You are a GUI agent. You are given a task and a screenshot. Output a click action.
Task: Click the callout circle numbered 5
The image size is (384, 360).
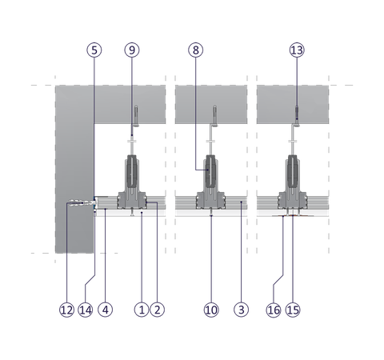pyautogui.click(x=94, y=50)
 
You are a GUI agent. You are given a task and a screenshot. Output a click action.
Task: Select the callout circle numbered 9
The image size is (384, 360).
pyautogui.click(x=132, y=50)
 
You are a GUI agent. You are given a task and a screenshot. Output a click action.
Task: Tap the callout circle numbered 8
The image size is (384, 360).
pyautogui.click(x=196, y=50)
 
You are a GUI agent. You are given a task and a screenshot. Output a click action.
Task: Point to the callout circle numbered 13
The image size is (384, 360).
pyautogui.click(x=297, y=50)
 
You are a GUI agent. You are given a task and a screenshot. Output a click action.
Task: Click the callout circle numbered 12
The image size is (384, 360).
pyautogui.click(x=66, y=310)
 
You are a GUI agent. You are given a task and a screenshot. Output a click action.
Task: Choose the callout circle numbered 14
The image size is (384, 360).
pyautogui.click(x=86, y=310)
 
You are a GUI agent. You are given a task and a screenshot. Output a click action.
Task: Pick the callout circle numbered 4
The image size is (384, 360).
pyautogui.click(x=106, y=310)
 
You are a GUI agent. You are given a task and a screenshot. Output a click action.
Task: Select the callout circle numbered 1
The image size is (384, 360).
pyautogui.click(x=142, y=310)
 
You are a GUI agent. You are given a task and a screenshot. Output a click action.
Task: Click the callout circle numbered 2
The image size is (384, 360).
pyautogui.click(x=157, y=310)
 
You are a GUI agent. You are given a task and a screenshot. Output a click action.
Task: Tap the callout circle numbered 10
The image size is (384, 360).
pyautogui.click(x=211, y=310)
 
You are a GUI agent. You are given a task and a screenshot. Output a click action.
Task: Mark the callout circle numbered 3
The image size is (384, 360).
pyautogui.click(x=241, y=310)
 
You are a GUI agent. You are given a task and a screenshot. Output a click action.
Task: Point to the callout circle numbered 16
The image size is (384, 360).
pyautogui.click(x=274, y=310)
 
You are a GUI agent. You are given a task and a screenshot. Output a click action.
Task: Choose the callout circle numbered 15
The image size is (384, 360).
pyautogui.click(x=293, y=310)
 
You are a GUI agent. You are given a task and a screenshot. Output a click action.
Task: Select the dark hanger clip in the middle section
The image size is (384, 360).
pyautogui.click(x=211, y=170)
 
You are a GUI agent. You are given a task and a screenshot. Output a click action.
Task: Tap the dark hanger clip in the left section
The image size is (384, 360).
pyautogui.click(x=132, y=170)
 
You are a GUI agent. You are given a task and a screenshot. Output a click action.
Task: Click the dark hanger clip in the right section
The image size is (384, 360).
pyautogui.click(x=293, y=170)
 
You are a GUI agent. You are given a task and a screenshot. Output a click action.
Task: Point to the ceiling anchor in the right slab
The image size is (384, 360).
pyautogui.click(x=297, y=116)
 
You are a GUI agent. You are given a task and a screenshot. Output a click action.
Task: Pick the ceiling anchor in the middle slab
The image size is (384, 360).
pyautogui.click(x=214, y=116)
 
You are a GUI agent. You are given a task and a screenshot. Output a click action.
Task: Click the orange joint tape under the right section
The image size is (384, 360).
pyautogui.click(x=293, y=215)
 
